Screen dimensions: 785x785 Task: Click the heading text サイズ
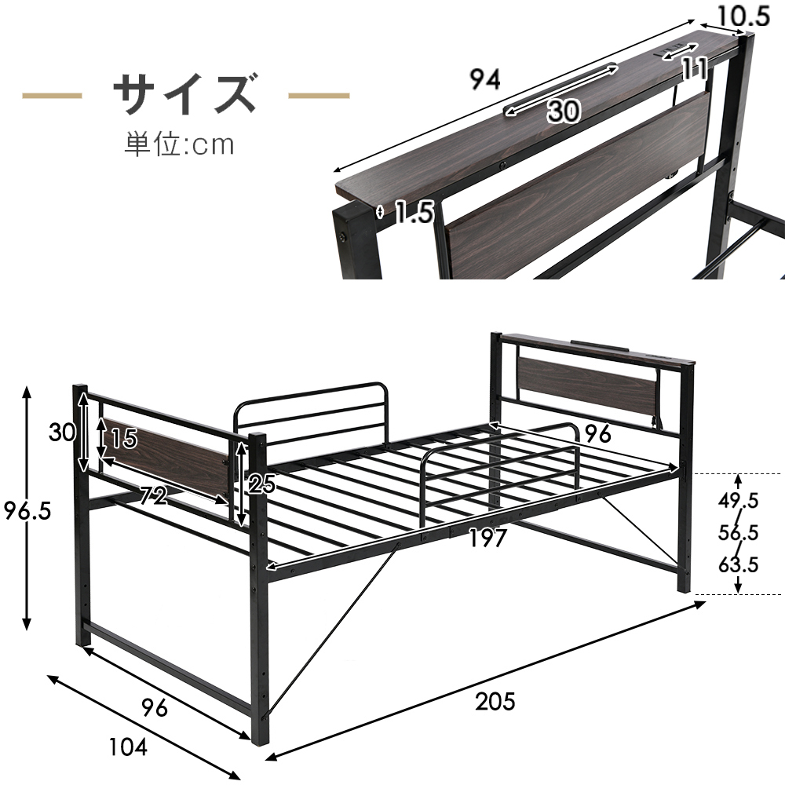(185, 95)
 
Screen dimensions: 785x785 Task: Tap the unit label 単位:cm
(179, 144)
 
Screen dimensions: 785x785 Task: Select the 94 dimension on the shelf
(485, 79)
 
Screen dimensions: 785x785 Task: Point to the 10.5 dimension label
(743, 16)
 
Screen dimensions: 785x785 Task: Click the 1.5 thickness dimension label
(414, 212)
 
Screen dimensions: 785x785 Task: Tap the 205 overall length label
(495, 701)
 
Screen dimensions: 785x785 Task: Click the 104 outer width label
(128, 747)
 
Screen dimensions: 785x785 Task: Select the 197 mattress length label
(487, 539)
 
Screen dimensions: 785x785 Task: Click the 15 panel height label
(124, 439)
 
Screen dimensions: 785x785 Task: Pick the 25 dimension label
(262, 484)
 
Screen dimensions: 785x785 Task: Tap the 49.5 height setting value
(739, 500)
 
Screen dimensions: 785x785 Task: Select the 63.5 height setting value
(739, 564)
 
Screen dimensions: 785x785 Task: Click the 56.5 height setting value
(739, 532)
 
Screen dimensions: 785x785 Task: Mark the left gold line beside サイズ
(52, 95)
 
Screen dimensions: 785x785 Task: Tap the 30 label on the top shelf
(564, 110)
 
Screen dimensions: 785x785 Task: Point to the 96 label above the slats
(598, 433)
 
